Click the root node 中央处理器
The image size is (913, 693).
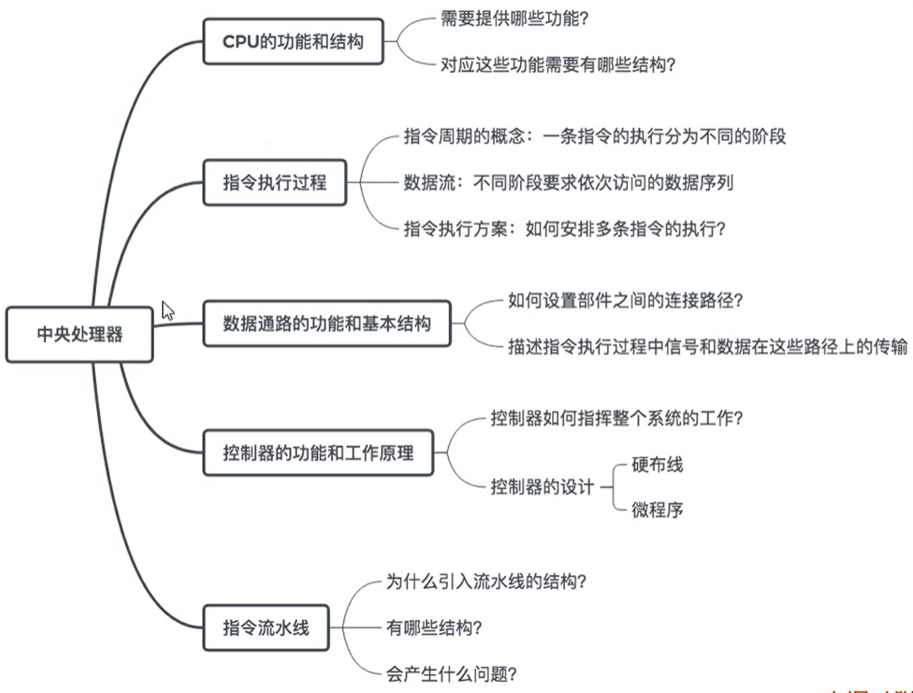[80, 335]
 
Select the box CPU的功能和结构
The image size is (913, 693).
[293, 41]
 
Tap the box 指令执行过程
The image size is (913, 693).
[275, 181]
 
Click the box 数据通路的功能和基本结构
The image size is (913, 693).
[327, 322]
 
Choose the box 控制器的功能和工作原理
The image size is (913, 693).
[319, 452]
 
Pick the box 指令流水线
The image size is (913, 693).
[266, 627]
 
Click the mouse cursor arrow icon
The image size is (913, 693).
[168, 310]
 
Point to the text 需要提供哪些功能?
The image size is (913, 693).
[502, 19]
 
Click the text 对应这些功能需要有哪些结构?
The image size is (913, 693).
[557, 64]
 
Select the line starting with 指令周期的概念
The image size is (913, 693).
[595, 137]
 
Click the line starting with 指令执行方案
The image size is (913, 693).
[565, 228]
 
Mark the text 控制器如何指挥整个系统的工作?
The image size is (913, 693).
[617, 418]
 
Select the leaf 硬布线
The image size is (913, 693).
[657, 465]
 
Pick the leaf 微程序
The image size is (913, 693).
[657, 509]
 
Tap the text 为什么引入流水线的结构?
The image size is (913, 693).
[486, 582]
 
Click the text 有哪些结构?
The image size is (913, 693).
[434, 627]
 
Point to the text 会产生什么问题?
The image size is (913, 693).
[451, 674]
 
